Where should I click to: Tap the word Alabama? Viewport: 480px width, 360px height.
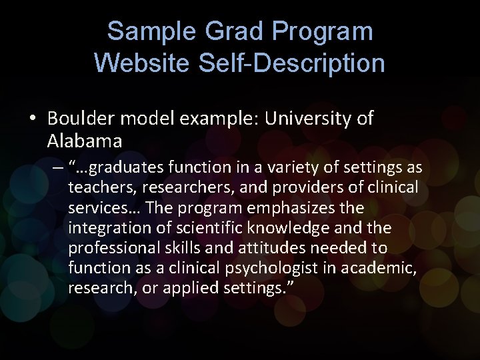click(85, 141)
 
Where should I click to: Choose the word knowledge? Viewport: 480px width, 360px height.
click(291, 228)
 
